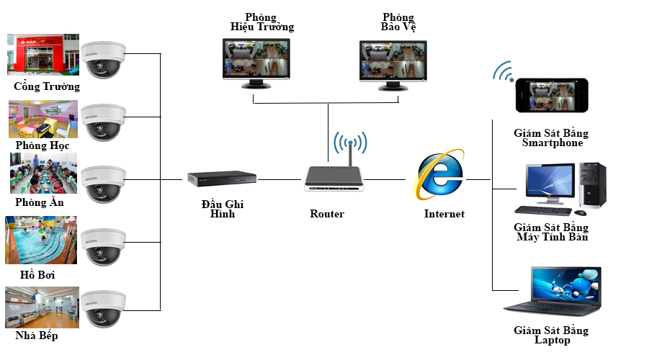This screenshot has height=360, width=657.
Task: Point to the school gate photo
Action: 40,54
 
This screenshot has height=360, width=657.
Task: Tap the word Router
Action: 327,214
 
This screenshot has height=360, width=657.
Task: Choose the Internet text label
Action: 444,214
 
